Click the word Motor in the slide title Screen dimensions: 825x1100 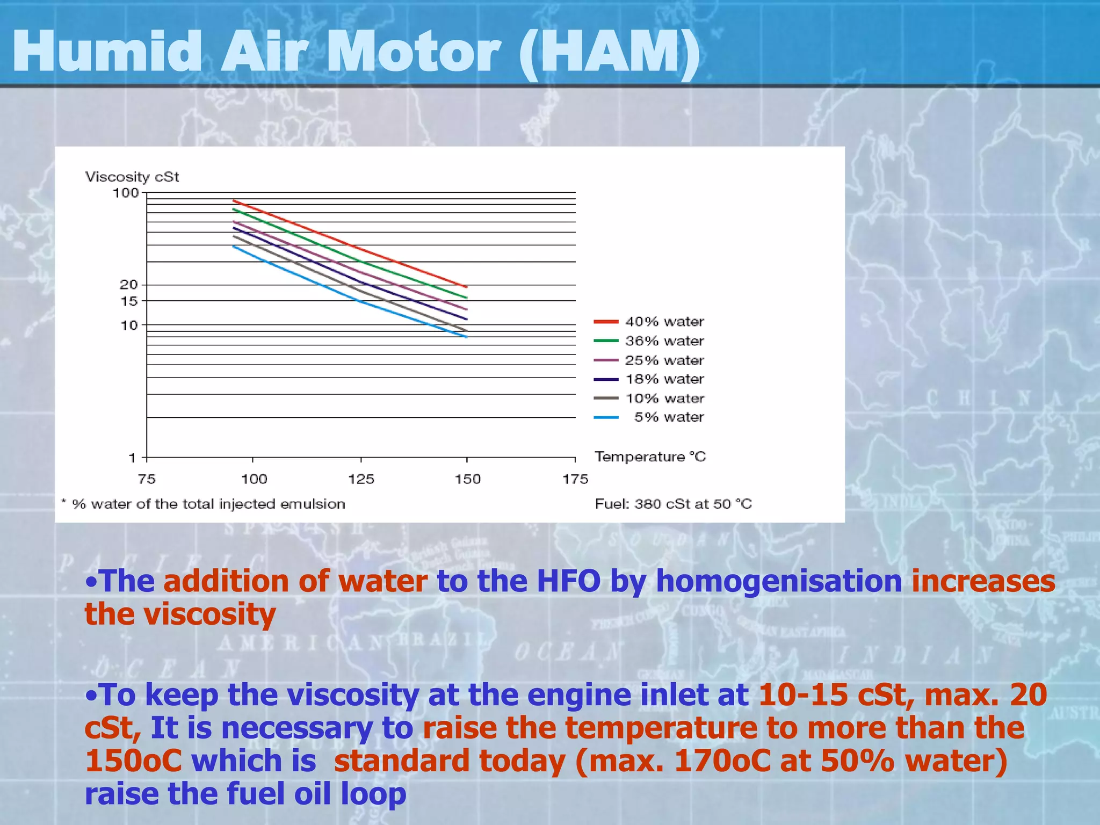(x=414, y=52)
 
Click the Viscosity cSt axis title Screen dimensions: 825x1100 (x=132, y=177)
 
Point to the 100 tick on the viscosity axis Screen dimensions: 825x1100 (x=126, y=193)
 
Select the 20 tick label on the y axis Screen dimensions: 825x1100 (x=129, y=285)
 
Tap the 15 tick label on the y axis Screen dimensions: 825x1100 (x=129, y=301)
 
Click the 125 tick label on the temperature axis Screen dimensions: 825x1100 (x=361, y=479)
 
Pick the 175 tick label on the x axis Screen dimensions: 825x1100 (x=575, y=479)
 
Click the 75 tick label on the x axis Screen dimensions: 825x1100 (x=147, y=479)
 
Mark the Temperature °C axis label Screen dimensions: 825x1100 (x=650, y=457)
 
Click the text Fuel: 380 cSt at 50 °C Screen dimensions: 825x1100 (x=673, y=504)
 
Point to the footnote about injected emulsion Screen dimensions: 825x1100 (x=203, y=504)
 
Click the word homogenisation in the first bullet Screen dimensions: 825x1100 (x=779, y=582)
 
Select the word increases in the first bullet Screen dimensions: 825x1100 (x=983, y=582)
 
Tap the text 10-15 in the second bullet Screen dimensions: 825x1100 (x=802, y=694)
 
